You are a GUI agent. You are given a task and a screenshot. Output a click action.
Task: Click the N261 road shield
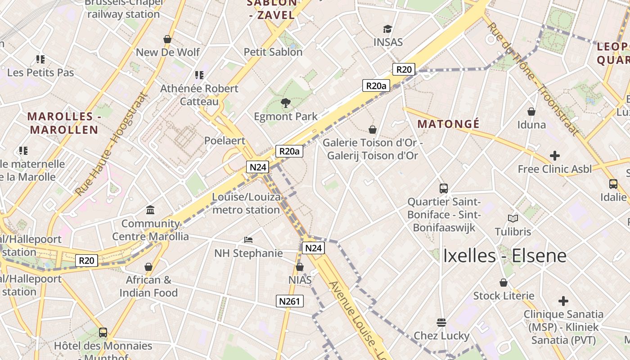pyautogui.click(x=289, y=301)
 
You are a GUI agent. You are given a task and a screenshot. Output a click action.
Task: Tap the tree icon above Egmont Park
pyautogui.click(x=285, y=103)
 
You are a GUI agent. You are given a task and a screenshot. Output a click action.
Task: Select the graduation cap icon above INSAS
pyautogui.click(x=387, y=29)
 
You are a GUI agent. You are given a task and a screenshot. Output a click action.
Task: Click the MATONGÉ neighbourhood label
pyautogui.click(x=448, y=124)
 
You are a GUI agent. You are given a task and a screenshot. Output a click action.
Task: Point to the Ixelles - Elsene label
pyautogui.click(x=504, y=256)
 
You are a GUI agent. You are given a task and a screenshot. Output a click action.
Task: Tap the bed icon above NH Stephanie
pyautogui.click(x=248, y=240)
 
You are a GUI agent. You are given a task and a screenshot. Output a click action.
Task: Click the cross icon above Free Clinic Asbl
pyautogui.click(x=554, y=156)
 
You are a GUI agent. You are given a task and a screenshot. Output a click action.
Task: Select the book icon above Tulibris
pyautogui.click(x=513, y=219)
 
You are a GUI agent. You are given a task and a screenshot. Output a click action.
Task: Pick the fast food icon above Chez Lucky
pyautogui.click(x=441, y=322)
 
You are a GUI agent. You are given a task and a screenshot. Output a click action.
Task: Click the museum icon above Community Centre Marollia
pyautogui.click(x=150, y=210)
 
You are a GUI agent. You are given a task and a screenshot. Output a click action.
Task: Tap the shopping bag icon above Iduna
pyautogui.click(x=531, y=111)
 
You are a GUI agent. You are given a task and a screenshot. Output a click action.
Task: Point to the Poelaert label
pyautogui.click(x=225, y=141)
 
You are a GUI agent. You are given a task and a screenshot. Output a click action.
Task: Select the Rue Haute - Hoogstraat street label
pyautogui.click(x=111, y=144)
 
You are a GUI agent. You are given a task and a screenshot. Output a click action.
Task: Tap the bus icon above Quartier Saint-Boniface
pyautogui.click(x=444, y=189)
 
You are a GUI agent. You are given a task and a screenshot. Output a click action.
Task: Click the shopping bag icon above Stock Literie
pyautogui.click(x=504, y=283)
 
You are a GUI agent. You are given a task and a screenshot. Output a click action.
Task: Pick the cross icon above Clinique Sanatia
pyautogui.click(x=563, y=301)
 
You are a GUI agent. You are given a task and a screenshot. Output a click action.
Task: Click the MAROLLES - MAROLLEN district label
pyautogui.click(x=63, y=123)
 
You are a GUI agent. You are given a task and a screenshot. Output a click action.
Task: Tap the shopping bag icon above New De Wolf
pyautogui.click(x=167, y=39)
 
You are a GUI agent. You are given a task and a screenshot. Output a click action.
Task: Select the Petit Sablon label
pyautogui.click(x=273, y=52)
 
